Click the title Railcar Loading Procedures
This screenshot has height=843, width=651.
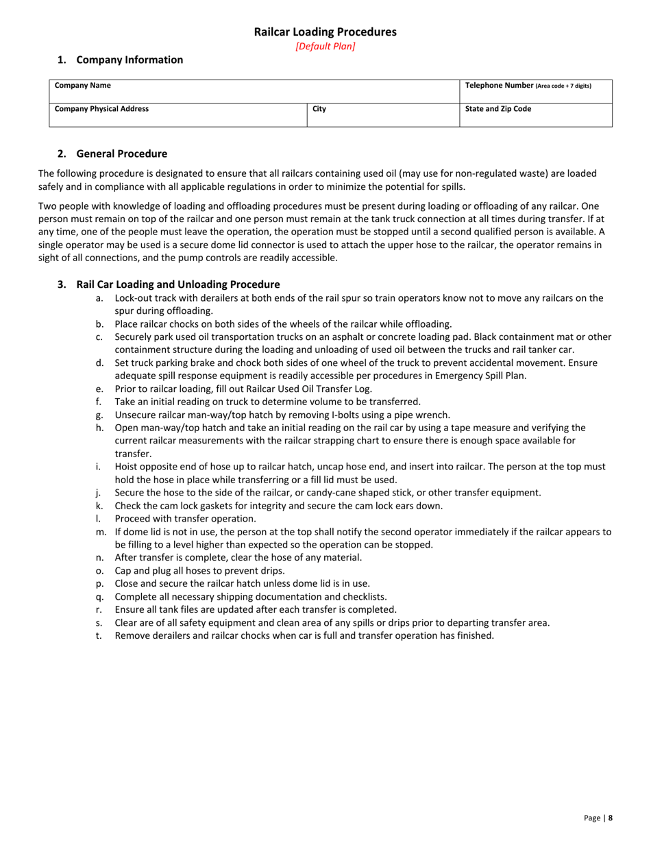325,32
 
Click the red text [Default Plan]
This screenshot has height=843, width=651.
325,47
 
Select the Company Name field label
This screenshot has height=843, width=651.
82,86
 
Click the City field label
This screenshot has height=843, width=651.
319,109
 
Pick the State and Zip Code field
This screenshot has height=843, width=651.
498,109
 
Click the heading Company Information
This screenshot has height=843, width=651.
130,60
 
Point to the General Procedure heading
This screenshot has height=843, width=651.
121,154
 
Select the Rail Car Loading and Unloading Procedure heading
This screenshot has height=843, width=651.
177,284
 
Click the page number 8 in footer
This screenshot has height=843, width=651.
611,818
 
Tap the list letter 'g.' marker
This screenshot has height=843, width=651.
100,415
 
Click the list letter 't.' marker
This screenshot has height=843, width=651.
100,635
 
